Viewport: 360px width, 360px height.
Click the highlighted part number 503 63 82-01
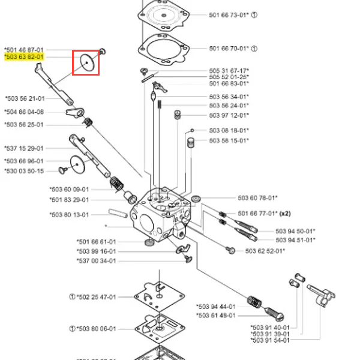pyautogui.click(x=24, y=57)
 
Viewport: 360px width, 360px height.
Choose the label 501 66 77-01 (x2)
pyautogui.click(x=263, y=213)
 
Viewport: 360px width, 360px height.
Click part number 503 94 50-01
pyautogui.click(x=296, y=231)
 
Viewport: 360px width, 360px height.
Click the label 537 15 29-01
pyautogui.click(x=24, y=148)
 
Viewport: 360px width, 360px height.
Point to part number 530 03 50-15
pyautogui.click(x=24, y=171)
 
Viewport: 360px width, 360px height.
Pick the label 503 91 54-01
pyautogui.click(x=270, y=340)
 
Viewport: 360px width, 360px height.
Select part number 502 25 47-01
pyautogui.click(x=96, y=296)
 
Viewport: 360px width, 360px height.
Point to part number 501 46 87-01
pyautogui.click(x=24, y=50)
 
